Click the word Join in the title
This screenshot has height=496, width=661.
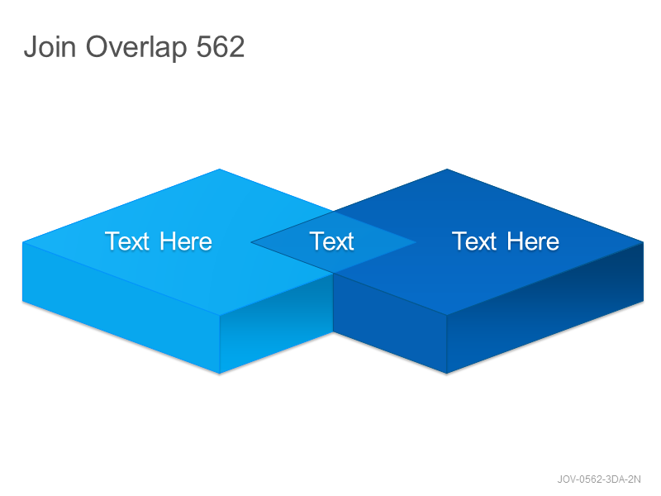tap(50, 46)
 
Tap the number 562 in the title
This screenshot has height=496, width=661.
tap(221, 46)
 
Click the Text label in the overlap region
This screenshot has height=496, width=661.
tap(332, 241)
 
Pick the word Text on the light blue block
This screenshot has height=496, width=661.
tap(127, 241)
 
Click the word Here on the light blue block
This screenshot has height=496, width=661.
tap(186, 241)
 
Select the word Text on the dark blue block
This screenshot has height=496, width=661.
tap(474, 241)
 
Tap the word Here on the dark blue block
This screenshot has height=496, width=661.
tap(533, 241)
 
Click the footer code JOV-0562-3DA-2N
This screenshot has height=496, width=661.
tap(599, 479)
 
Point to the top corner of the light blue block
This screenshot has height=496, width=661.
tap(219, 169)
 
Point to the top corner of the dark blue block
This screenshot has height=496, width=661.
tap(447, 169)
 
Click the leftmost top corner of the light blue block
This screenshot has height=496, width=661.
tap(22, 242)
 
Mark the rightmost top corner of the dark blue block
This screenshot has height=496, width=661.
tap(644, 242)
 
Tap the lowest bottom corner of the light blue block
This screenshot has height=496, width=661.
tap(220, 374)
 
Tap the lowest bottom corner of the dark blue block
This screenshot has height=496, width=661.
tap(447, 374)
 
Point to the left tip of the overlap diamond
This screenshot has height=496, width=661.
tap(251, 242)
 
